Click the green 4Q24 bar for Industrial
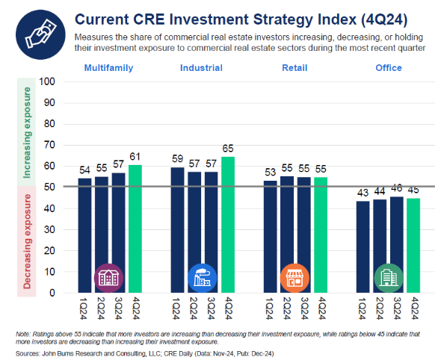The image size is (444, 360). pyautogui.click(x=228, y=225)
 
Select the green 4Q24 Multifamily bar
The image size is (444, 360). pyautogui.click(x=135, y=229)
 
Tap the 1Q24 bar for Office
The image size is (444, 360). pyautogui.click(x=363, y=246)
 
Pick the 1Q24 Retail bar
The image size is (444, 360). pyautogui.click(x=270, y=237)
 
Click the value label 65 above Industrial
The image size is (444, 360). pyautogui.click(x=228, y=149)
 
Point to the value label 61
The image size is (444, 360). pyautogui.click(x=135, y=157)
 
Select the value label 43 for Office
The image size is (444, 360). pyautogui.click(x=363, y=193)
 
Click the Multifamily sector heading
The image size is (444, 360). pyautogui.click(x=108, y=68)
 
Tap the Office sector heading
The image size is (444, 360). pyautogui.click(x=389, y=68)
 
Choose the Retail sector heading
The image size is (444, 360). pyautogui.click(x=295, y=68)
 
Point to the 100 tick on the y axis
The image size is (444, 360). pyautogui.click(x=47, y=81)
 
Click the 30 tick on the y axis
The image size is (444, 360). pyautogui.click(x=49, y=229)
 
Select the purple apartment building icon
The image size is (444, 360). pyautogui.click(x=108, y=278)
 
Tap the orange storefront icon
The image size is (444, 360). pyautogui.click(x=295, y=278)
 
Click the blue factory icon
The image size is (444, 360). pyautogui.click(x=202, y=278)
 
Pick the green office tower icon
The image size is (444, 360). pyautogui.click(x=389, y=278)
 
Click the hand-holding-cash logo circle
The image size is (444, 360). pyautogui.click(x=40, y=34)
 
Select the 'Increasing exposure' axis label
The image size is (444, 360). pyautogui.click(x=27, y=132)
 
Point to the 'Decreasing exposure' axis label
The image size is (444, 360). pyautogui.click(x=27, y=241)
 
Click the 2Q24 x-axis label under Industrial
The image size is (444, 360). pyautogui.click(x=194, y=308)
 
